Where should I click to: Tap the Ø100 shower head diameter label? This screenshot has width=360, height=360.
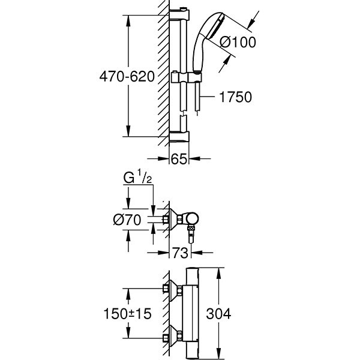238,43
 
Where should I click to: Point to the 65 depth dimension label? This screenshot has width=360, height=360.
178,159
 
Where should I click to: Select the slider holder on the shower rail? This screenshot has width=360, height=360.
180,78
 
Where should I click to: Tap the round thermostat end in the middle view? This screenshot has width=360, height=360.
195,217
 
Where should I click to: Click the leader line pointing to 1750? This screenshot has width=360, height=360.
210,97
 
